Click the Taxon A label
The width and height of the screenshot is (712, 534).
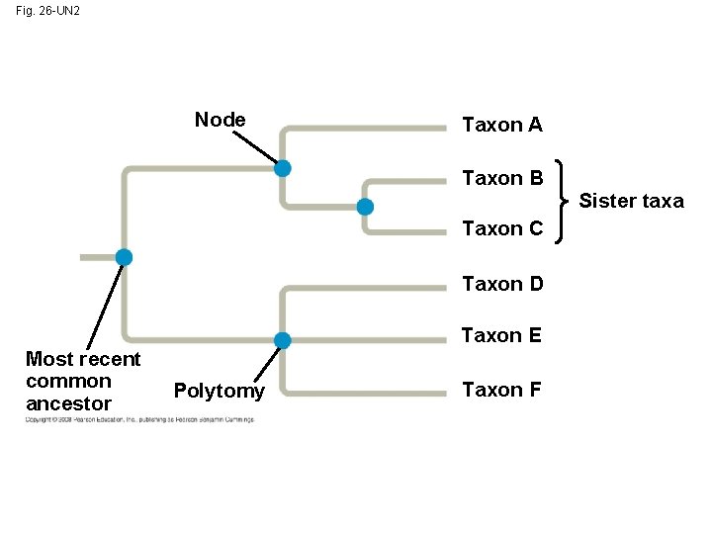tap(502, 125)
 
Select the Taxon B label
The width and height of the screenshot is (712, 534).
tap(502, 178)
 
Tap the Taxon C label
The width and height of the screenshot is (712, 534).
tap(502, 228)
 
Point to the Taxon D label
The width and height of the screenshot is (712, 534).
tap(502, 285)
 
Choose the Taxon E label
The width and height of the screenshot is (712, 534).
tap(502, 335)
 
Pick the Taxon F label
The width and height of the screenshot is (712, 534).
tap(502, 390)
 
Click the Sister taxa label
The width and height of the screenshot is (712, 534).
tap(631, 201)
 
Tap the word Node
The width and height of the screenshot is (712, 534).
tap(220, 120)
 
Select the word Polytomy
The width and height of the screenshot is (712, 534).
tap(219, 391)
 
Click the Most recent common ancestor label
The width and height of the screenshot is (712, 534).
tap(83, 381)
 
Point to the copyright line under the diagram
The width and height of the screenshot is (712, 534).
tap(139, 419)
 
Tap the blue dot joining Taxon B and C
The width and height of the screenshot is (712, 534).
tap(365, 207)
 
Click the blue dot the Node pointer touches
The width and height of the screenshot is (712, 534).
tap(283, 168)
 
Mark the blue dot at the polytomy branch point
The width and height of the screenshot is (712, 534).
tap(283, 341)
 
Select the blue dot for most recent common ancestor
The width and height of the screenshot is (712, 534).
tap(124, 257)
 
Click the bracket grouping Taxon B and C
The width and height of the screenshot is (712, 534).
tap(563, 202)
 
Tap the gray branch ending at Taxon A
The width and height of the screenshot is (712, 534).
tap(366, 128)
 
